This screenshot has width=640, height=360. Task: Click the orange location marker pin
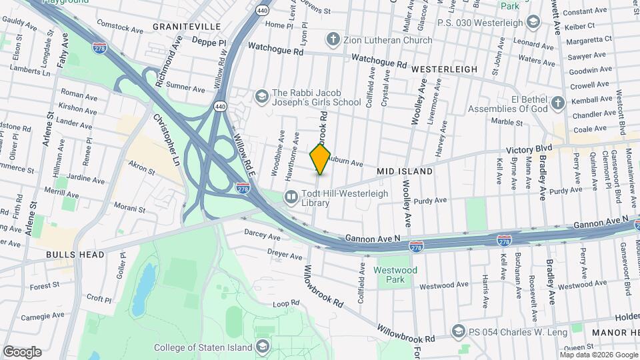click(x=321, y=159)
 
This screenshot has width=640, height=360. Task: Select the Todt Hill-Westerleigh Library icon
click(x=291, y=196)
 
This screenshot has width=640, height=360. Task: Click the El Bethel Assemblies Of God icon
click(x=557, y=103)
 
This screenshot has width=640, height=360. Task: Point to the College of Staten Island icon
click(x=263, y=347)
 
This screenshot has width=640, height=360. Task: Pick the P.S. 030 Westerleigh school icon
click(x=532, y=23)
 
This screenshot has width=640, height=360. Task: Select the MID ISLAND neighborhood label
click(x=405, y=171)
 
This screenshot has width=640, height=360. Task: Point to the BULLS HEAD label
click(x=75, y=255)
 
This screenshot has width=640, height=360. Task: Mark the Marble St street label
click(x=507, y=122)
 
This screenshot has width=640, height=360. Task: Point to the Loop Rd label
click(x=286, y=303)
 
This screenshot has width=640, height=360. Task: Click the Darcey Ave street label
click(x=263, y=235)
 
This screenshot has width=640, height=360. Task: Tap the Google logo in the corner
click(x=22, y=352)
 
